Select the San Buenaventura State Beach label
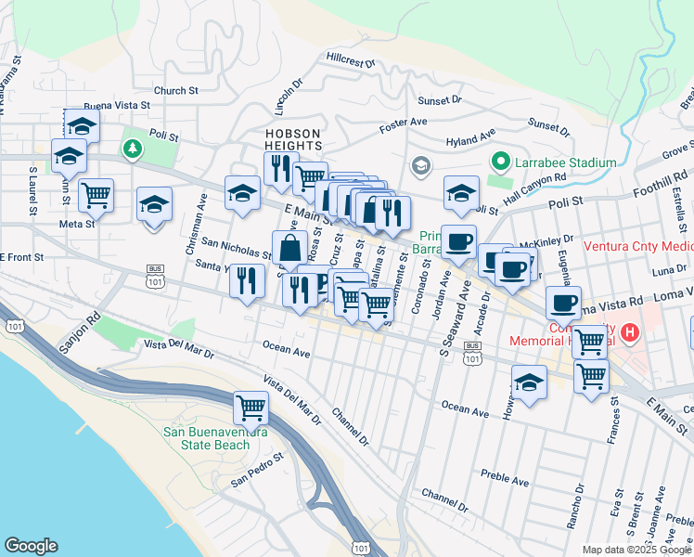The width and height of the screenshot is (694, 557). (x=207, y=438)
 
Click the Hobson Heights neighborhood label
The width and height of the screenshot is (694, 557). (x=293, y=139)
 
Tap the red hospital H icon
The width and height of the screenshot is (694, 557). (x=631, y=331)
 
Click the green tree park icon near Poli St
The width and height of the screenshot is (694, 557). (x=133, y=148)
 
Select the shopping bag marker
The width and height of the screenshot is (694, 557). (x=289, y=249)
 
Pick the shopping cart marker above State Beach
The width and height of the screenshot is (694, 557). (x=251, y=407)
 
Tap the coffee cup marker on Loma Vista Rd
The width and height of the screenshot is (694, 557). (x=564, y=304)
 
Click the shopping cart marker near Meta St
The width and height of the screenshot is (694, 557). (x=96, y=196)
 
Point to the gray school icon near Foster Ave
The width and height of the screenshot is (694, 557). (x=420, y=165)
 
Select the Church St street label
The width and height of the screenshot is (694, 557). (x=176, y=91)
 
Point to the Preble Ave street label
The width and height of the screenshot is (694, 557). (x=505, y=478)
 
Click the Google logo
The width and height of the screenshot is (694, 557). (x=31, y=546)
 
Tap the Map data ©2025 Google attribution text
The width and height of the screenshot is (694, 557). (x=636, y=550)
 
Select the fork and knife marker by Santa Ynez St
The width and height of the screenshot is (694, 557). (x=246, y=281)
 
